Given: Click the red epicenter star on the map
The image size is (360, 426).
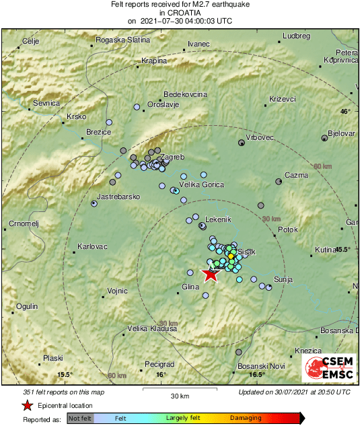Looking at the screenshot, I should tap(211, 273).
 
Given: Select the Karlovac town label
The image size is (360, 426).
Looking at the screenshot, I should tap(93, 246).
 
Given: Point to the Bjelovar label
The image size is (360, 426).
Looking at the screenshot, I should tap(341, 133).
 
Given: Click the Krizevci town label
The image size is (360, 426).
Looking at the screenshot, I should tap(283, 99).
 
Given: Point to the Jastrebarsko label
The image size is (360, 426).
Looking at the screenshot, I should tap(118, 196).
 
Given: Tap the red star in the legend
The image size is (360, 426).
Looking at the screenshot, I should tap(27, 406).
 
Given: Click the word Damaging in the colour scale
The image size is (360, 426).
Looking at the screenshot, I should tap(246, 418).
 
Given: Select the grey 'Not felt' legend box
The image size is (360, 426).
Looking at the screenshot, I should tap(80, 419).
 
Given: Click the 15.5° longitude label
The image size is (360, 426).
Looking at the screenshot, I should tap(64, 374).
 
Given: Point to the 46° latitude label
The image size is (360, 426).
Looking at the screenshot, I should tap(345, 112).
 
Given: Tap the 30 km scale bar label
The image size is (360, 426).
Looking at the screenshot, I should tap(180, 396).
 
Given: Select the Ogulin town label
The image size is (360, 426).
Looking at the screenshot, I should tap(27, 306).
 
